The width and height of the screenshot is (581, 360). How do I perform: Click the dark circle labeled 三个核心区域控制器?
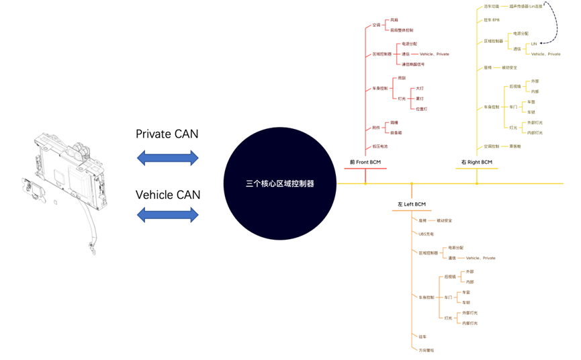pos(280,183)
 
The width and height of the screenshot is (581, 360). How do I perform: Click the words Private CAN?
pos(167,134)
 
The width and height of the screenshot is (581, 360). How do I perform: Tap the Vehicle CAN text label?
pos(167,195)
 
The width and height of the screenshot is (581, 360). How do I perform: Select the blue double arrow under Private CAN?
pos(167,158)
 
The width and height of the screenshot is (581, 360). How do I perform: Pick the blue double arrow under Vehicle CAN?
pos(167,215)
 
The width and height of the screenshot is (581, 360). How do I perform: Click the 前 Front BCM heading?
pos(365,162)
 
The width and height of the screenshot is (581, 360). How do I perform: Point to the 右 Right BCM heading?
pos(476,162)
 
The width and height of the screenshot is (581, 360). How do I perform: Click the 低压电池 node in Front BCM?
pos(380,146)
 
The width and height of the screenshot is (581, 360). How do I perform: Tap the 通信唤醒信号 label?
pos(414,64)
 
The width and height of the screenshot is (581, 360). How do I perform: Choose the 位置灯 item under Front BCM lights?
pos(420,108)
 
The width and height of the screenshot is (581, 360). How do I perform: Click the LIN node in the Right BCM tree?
pos(534,44)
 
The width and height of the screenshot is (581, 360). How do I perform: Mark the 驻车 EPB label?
pos(492,19)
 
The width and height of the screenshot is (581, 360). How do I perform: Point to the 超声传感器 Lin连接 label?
pos(524,5)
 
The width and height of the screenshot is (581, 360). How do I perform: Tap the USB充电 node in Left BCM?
pos(426,234)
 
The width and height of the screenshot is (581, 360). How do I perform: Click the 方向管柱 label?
pos(427,350)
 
